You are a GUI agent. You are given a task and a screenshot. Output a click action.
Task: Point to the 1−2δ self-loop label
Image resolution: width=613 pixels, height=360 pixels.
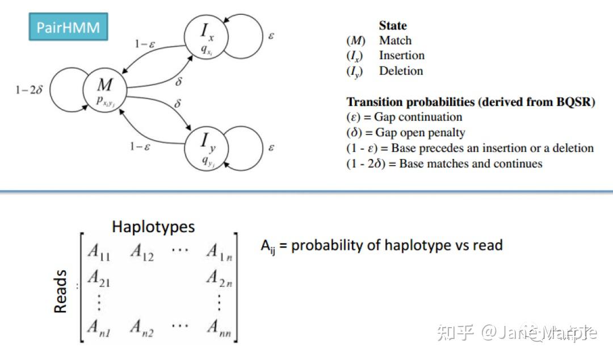30,90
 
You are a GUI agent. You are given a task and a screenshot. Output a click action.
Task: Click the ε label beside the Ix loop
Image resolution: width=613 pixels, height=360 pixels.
271,35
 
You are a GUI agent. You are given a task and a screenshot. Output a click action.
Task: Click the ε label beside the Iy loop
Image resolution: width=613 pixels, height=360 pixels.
271,147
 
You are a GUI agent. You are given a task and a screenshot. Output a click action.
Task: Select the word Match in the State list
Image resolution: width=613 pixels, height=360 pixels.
395,40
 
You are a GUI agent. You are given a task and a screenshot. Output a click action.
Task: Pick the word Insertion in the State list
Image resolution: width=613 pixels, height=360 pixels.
401,55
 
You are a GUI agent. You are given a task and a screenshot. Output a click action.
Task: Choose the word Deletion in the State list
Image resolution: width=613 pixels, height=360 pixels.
401,71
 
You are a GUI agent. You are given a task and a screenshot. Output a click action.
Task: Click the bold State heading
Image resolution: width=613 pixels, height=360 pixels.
393,26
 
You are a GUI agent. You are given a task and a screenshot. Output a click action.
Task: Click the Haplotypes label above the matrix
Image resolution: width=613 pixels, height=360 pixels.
153,227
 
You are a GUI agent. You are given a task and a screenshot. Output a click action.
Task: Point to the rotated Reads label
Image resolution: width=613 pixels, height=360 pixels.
60,290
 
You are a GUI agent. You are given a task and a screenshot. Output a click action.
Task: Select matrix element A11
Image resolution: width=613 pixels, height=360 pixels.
99,252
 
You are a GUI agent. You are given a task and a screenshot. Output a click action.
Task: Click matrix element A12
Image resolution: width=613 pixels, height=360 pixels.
142,252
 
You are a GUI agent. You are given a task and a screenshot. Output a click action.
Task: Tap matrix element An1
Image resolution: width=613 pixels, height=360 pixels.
99,327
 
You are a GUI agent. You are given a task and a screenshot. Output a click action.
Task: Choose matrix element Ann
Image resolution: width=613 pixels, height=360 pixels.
219,327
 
